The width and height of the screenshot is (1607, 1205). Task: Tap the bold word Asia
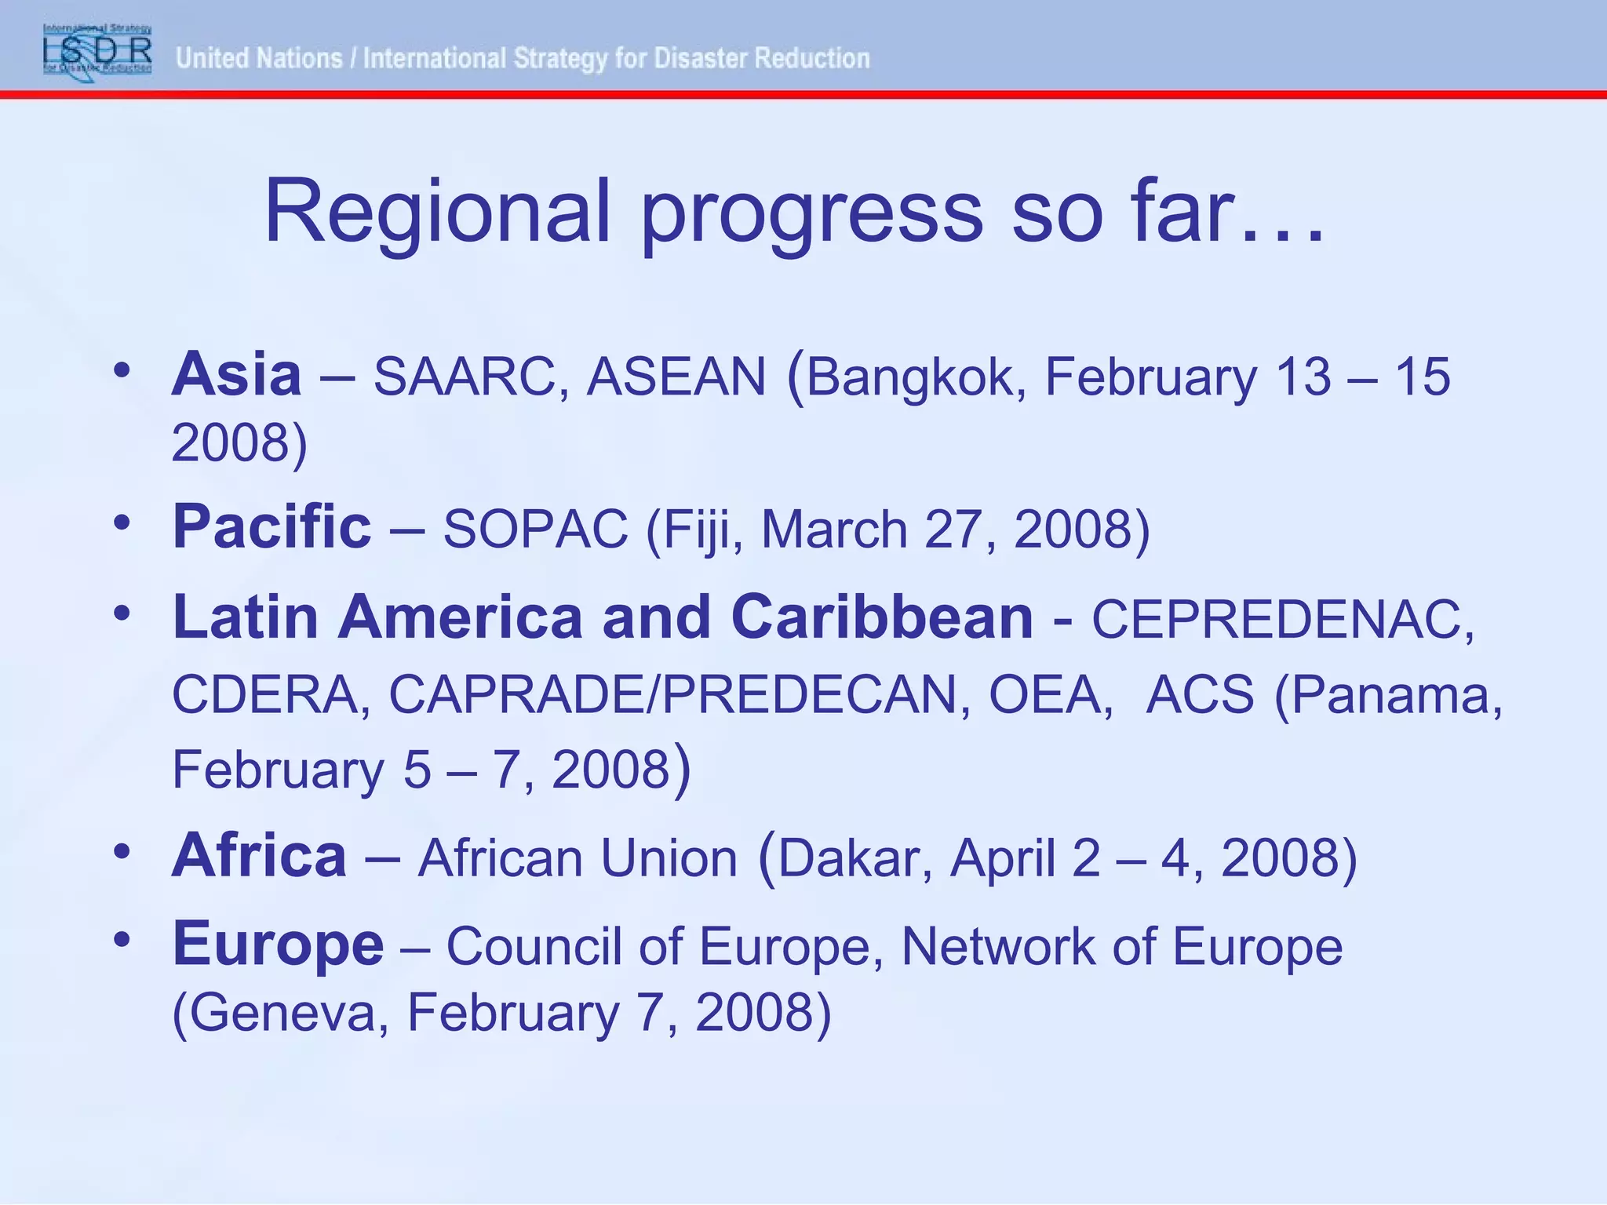click(x=236, y=375)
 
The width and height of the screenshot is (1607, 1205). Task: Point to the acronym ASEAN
click(x=676, y=377)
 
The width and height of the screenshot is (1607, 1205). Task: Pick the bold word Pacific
click(x=271, y=526)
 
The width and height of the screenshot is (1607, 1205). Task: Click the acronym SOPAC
click(x=536, y=530)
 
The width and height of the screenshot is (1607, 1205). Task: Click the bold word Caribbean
click(x=882, y=617)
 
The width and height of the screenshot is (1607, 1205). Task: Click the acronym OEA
click(x=1049, y=695)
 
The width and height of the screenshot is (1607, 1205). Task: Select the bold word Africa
click(x=259, y=856)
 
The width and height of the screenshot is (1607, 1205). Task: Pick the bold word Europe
click(x=278, y=945)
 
